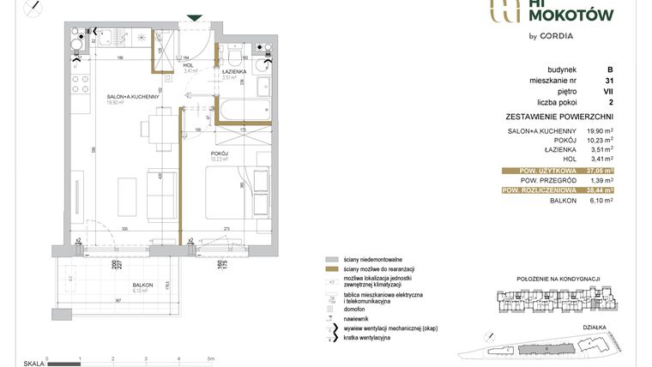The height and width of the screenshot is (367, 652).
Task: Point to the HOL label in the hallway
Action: coord(188,65)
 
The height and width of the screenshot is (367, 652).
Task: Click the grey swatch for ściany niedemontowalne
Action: coord(331,258)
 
